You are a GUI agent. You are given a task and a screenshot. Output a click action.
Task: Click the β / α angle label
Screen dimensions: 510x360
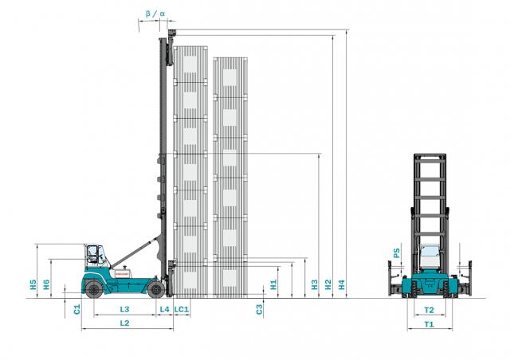(x=155, y=14)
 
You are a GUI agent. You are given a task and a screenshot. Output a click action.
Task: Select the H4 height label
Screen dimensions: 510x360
(x=342, y=284)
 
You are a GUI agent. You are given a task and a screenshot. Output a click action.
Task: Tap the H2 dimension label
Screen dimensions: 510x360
(x=328, y=284)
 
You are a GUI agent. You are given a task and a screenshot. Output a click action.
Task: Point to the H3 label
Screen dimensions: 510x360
(x=315, y=284)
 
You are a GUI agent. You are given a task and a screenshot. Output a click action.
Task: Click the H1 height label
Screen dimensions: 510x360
(x=273, y=284)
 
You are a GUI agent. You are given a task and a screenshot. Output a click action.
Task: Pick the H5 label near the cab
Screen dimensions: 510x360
(x=33, y=284)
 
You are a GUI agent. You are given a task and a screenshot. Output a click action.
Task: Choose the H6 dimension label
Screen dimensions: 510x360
(x=46, y=284)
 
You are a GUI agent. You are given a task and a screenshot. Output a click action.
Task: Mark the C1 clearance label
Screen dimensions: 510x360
(x=76, y=309)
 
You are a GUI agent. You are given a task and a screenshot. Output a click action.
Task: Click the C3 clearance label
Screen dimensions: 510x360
(x=259, y=309)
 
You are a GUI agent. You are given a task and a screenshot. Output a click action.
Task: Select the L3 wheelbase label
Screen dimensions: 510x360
(x=124, y=309)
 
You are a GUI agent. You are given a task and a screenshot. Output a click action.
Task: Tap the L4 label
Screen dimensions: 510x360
(x=165, y=309)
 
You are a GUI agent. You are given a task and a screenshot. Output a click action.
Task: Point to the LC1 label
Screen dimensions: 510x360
(x=182, y=309)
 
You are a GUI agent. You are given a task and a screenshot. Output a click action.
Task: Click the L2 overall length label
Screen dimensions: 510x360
(x=124, y=323)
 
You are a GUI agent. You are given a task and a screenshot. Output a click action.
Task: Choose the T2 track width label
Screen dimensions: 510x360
(x=430, y=310)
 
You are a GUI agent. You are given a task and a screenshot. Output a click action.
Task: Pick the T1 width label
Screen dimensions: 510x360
(x=430, y=324)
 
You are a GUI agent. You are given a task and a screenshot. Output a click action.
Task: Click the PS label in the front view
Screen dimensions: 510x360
(x=397, y=252)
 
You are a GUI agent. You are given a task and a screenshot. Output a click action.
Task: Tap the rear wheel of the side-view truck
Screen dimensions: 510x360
(x=94, y=289)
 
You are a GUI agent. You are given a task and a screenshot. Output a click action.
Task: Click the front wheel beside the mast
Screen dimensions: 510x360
(x=156, y=289)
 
